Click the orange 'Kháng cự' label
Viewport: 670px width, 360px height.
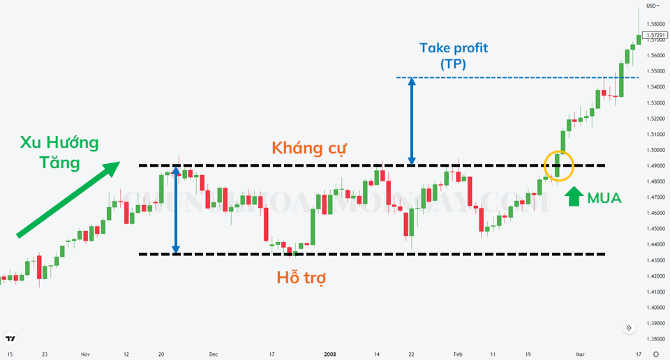[x=309, y=148]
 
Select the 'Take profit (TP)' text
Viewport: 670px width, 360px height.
[x=454, y=56]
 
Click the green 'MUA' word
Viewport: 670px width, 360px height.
[x=604, y=198]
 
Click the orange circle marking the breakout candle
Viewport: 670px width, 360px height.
[x=558, y=165]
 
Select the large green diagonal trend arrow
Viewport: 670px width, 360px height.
[x=67, y=199]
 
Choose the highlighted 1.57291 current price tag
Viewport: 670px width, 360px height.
[x=655, y=35]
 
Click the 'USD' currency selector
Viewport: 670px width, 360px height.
[x=653, y=6]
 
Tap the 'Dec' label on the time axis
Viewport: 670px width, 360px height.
[x=214, y=354]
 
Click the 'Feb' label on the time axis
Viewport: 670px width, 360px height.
[x=457, y=354]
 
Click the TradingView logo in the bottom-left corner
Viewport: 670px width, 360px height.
[x=10, y=340]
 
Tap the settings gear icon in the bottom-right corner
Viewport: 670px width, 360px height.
[x=655, y=354]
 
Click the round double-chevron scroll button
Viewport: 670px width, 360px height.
[x=629, y=327]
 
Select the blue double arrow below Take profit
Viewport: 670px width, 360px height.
[x=412, y=121]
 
